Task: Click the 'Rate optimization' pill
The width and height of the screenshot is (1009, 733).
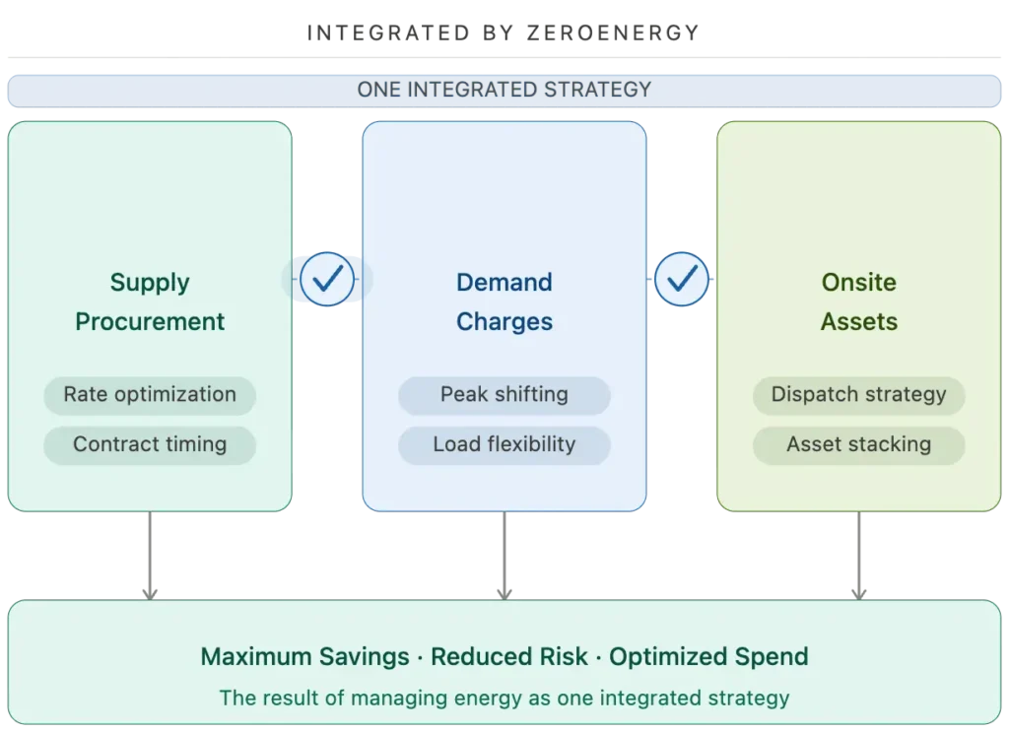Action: [x=150, y=395]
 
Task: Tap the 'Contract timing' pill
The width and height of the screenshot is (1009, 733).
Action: [x=150, y=444]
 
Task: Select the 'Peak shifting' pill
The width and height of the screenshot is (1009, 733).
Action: [x=504, y=395]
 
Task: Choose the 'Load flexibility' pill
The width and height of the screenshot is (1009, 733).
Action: [x=504, y=444]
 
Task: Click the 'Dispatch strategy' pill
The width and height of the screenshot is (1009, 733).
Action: [x=858, y=395]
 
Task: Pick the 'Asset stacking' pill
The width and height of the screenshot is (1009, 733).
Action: [x=858, y=444]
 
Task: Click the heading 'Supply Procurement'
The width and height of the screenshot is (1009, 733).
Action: [x=150, y=301]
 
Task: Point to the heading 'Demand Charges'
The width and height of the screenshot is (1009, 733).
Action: [x=504, y=301]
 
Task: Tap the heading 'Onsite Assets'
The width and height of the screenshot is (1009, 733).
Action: [x=858, y=301]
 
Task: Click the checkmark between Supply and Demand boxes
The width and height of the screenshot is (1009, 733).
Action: [x=326, y=280]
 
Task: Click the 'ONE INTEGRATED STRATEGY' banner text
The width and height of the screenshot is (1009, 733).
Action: [x=504, y=90]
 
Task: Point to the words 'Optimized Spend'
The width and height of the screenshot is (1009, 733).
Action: [x=708, y=657]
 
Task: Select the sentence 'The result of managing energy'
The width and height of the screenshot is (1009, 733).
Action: [x=504, y=699]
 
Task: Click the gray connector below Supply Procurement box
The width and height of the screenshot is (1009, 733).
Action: [x=150, y=555]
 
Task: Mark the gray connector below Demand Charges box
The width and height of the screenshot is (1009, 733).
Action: [x=504, y=555]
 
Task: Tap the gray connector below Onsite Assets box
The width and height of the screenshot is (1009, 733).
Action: [x=858, y=555]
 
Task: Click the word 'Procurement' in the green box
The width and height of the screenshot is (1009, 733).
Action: [x=150, y=322]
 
